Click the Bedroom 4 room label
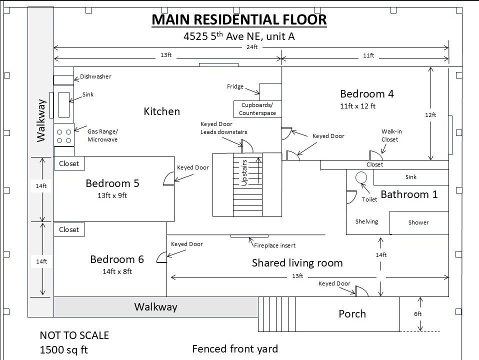click(x=366, y=93)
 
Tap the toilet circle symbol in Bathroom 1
click(x=361, y=177)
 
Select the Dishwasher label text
click(x=95, y=76)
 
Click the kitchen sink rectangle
click(x=64, y=104)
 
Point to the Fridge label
click(x=235, y=86)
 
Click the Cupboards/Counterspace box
click(x=257, y=109)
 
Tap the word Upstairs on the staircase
click(x=244, y=173)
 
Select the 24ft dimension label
click(x=252, y=47)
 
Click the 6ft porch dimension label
click(x=417, y=314)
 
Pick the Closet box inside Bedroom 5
click(x=69, y=163)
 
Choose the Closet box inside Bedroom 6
click(x=69, y=229)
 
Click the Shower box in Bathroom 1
click(x=419, y=223)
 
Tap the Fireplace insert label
click(x=274, y=245)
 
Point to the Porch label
click(x=352, y=314)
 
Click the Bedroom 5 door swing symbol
click(x=169, y=179)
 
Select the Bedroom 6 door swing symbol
click(x=161, y=257)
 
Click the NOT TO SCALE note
click(x=74, y=335)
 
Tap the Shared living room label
click(x=297, y=263)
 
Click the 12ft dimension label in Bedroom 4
click(x=430, y=115)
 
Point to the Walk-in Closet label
click(x=391, y=135)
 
